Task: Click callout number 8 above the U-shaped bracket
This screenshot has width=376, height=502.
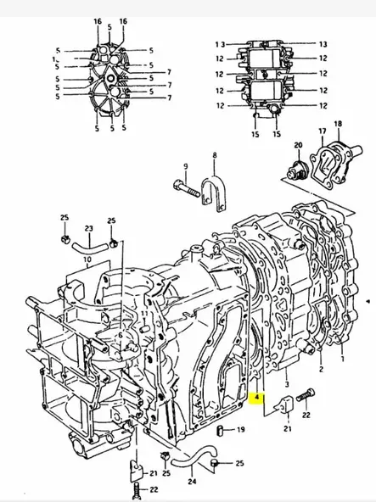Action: pyautogui.click(x=215, y=156)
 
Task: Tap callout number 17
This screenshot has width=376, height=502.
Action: pyautogui.click(x=322, y=131)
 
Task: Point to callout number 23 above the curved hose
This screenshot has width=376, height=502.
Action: pyautogui.click(x=87, y=229)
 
